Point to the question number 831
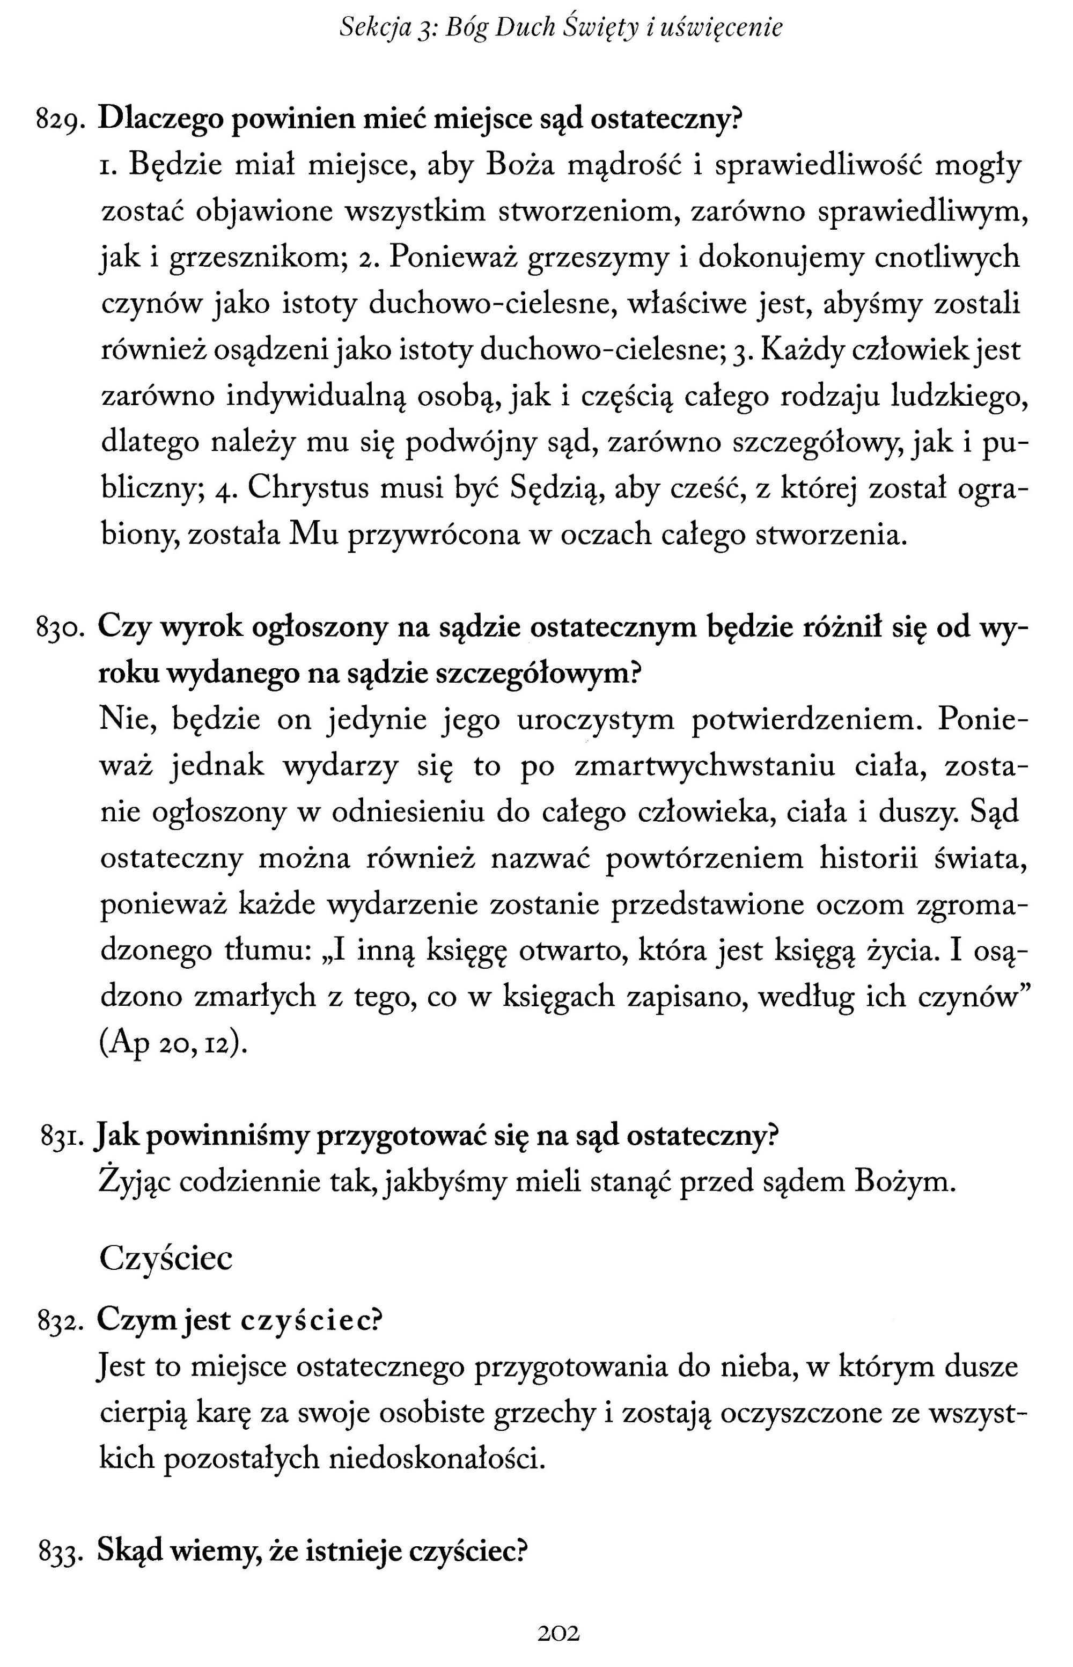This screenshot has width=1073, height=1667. (x=63, y=1138)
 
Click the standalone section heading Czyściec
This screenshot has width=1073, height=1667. (x=166, y=1259)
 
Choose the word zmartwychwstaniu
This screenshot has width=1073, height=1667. (x=704, y=766)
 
